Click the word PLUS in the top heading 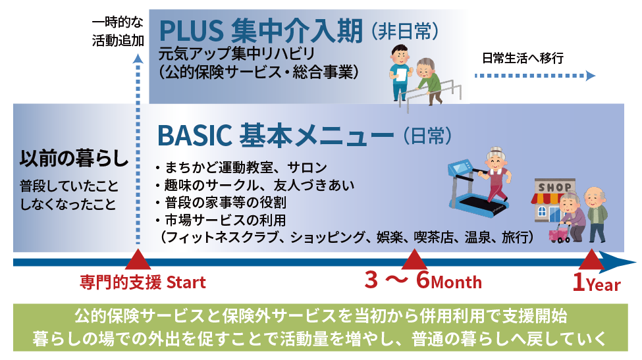pos(191,30)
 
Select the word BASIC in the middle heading pos(194,136)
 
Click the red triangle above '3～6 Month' pos(414,259)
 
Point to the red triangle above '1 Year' pos(591,259)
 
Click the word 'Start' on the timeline pos(186,282)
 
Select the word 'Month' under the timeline pos(456,282)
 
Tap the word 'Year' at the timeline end pos(603,284)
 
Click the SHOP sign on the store pos(555,188)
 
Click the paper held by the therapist pos(401,74)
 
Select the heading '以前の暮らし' pos(74,159)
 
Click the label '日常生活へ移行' pos(523,58)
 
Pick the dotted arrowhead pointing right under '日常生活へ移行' pos(590,76)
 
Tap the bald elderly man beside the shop pos(596,215)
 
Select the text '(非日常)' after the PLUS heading pos(404,32)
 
